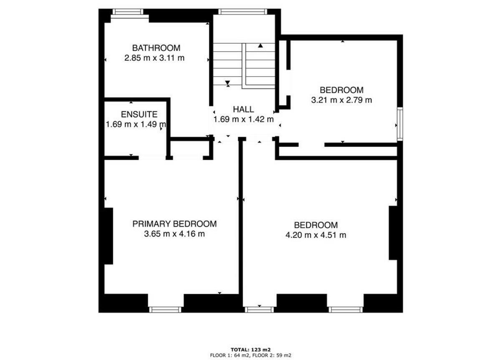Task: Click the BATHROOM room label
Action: pos(156,48)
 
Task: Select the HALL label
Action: pos(243,110)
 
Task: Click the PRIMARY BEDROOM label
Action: pos(175,224)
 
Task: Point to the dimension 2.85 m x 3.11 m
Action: pos(154,58)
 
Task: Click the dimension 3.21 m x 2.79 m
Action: pos(342,100)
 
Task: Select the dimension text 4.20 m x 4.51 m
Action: pos(316,235)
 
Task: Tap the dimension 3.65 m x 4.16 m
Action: pos(175,234)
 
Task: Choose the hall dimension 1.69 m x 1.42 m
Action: pos(243,120)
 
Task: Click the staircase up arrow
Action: pos(261,45)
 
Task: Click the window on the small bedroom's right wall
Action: pos(400,124)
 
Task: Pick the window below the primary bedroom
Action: pos(165,310)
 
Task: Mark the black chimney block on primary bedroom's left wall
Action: pos(108,236)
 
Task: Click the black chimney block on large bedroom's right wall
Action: pos(393,232)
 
